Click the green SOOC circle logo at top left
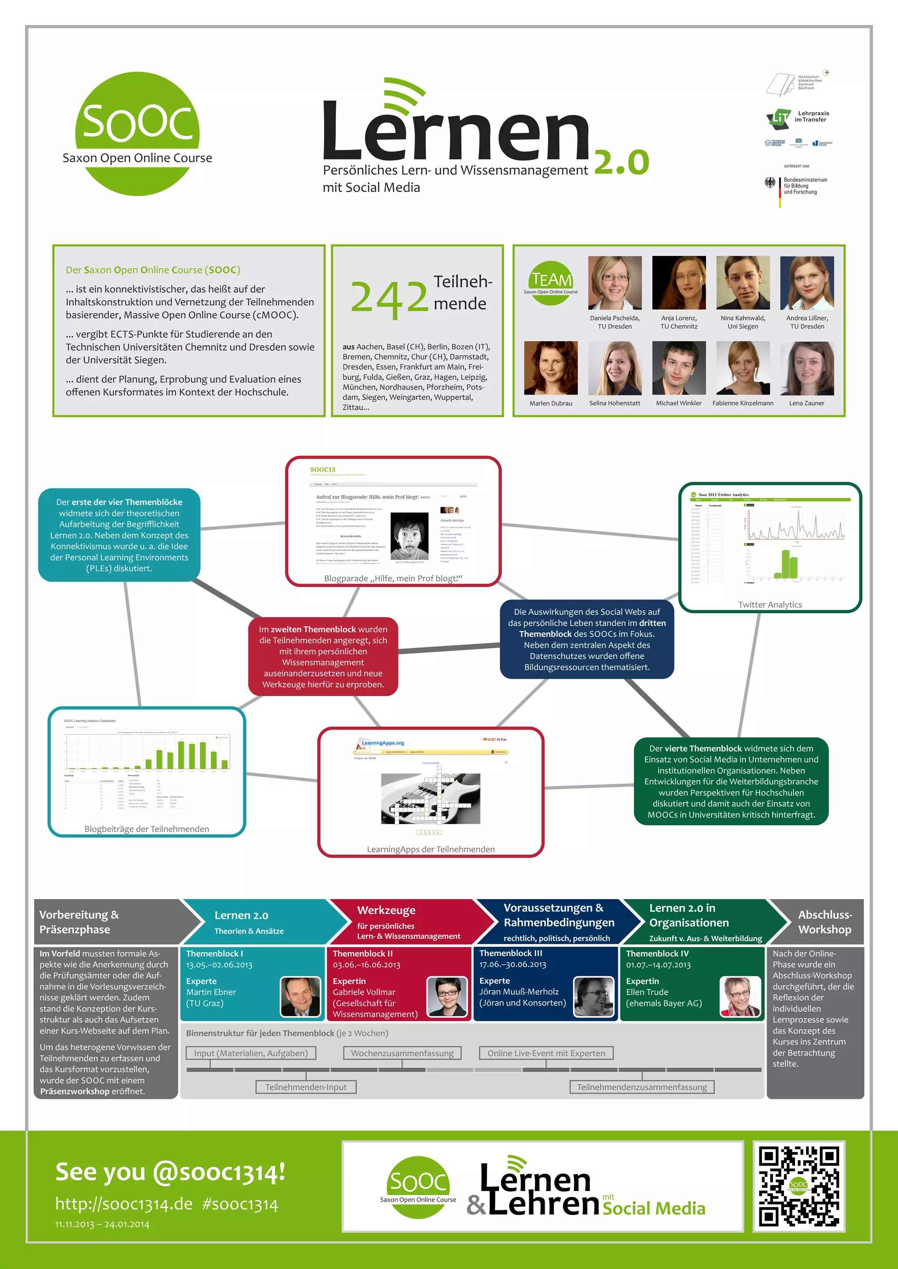tap(137, 134)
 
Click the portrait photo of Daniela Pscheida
tap(614, 282)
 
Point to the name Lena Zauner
tap(806, 403)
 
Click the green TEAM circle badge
tap(551, 282)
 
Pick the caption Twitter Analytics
tap(770, 604)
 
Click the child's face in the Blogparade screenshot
tap(409, 536)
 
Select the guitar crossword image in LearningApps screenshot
tap(430, 798)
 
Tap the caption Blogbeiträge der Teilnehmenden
tap(146, 829)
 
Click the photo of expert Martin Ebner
tap(300, 996)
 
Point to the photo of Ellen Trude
tap(739, 996)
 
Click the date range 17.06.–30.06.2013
tap(513, 964)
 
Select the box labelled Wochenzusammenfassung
tap(402, 1053)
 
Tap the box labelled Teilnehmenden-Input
tap(306, 1087)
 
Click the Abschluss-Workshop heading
tap(824, 922)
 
